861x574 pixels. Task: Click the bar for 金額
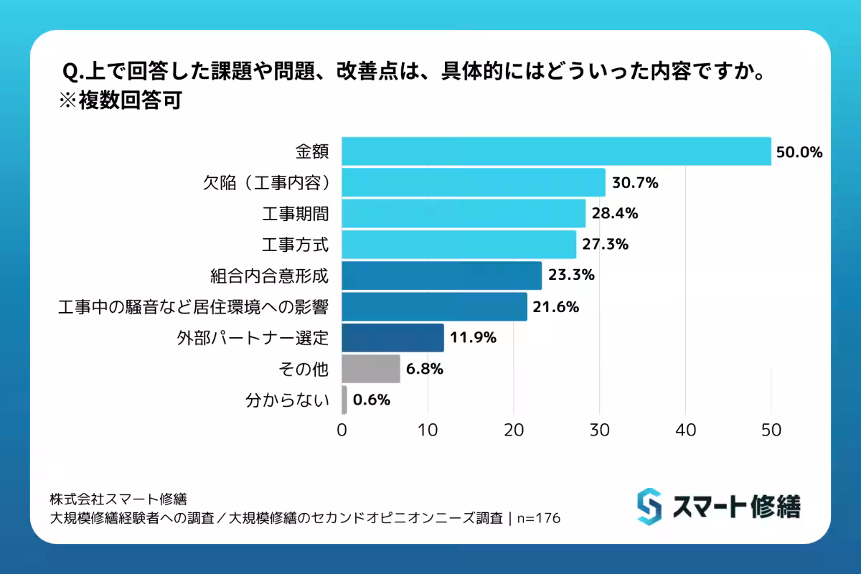556,151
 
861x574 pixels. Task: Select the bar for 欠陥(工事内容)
474,182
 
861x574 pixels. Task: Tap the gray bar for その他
370,369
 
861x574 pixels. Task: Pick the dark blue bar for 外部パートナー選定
392,337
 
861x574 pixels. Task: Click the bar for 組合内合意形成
441,276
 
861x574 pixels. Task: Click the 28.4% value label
615,214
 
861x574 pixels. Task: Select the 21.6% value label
555,307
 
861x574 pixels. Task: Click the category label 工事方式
295,245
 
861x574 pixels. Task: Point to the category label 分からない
287,400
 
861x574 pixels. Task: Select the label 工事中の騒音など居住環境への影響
193,307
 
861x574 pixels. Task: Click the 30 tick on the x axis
599,430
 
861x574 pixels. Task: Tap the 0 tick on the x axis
342,430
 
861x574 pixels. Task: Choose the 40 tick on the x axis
685,430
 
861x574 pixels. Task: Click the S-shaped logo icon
649,507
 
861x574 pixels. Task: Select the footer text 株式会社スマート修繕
118,499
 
